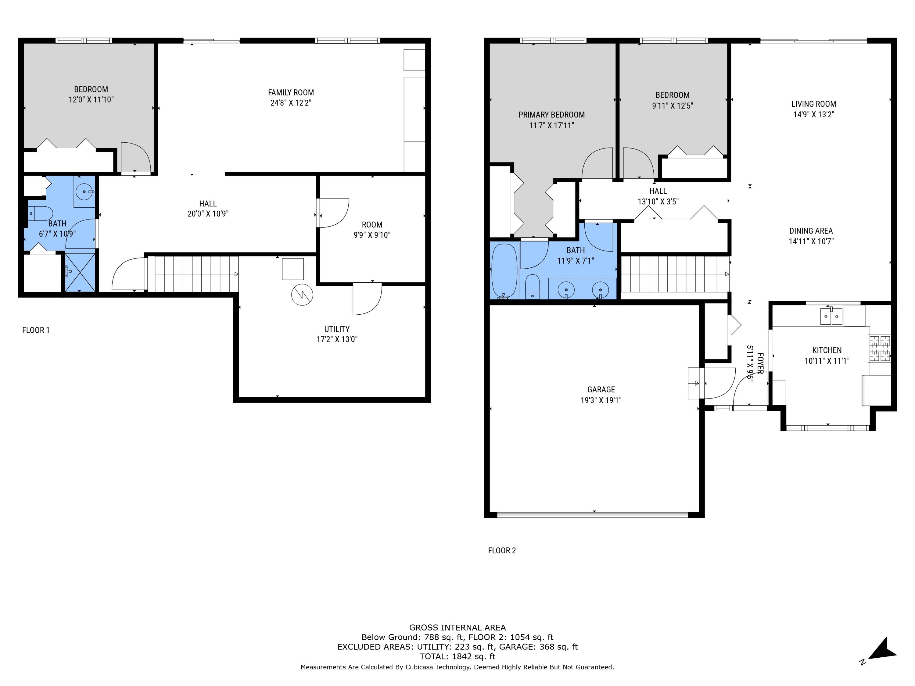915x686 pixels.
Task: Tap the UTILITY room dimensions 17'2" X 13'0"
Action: coord(337,339)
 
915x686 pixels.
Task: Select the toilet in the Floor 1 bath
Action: coord(41,214)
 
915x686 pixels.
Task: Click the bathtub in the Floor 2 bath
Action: coord(504,270)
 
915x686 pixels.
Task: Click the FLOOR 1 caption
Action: coord(36,330)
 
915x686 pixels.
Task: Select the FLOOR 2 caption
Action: coord(502,550)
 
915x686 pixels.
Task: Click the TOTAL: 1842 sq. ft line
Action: coord(457,656)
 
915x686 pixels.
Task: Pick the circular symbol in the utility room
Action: coord(302,295)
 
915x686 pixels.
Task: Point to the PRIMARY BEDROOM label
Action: coord(551,115)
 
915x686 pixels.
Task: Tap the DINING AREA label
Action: coord(811,231)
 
